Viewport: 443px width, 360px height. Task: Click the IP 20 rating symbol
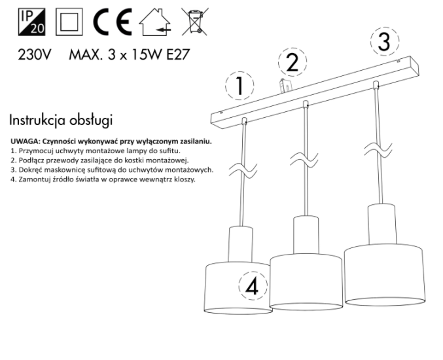click(31, 22)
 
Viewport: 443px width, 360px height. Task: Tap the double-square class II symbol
click(69, 22)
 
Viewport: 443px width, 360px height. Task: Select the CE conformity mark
click(113, 22)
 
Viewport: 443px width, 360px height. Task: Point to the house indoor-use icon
click(155, 22)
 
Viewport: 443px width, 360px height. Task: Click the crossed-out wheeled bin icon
click(195, 22)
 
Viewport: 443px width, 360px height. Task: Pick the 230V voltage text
click(35, 54)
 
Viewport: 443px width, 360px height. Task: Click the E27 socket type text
click(178, 54)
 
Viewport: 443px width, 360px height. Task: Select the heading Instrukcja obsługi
click(61, 120)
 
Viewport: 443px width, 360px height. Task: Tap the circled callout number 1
click(239, 86)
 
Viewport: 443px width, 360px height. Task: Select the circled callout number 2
click(292, 62)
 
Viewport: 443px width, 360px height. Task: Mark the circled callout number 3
click(385, 41)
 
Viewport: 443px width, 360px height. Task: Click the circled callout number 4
click(253, 285)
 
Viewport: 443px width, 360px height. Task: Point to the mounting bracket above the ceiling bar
click(285, 86)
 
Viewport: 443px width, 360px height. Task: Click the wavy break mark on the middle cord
click(304, 160)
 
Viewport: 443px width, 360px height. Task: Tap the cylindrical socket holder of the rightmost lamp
click(382, 224)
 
